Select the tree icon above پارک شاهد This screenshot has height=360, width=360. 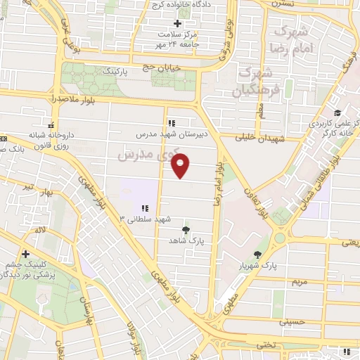186,230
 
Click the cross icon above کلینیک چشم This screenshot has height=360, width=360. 26,254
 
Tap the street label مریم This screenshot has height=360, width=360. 300,281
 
